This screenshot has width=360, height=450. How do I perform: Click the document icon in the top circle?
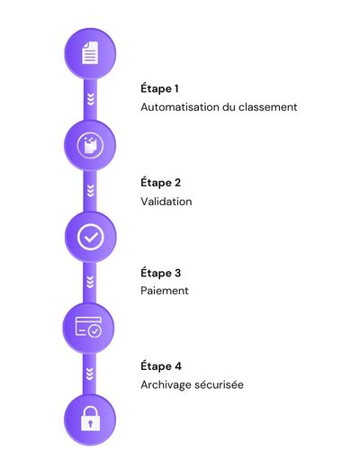(90, 52)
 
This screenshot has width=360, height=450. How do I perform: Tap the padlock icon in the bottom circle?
(90, 418)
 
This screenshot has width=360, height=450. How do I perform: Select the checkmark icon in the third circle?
(91, 237)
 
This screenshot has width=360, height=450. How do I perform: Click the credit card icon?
(88, 328)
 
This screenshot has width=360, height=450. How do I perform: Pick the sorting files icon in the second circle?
(90, 146)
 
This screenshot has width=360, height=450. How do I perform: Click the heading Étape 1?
(159, 88)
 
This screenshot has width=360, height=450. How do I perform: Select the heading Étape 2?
(161, 183)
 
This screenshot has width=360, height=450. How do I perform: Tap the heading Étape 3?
(161, 273)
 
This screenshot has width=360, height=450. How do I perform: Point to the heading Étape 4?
(161, 366)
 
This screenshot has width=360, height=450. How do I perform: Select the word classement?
(268, 107)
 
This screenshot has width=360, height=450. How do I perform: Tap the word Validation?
(166, 202)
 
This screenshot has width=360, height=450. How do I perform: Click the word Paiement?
(165, 291)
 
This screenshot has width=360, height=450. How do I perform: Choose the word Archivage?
(166, 384)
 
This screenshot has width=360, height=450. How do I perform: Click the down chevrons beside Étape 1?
(91, 99)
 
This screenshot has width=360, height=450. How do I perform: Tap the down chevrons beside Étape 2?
(90, 191)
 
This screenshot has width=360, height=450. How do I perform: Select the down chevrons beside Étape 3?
(90, 282)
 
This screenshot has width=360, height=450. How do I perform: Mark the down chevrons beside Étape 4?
(90, 373)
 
